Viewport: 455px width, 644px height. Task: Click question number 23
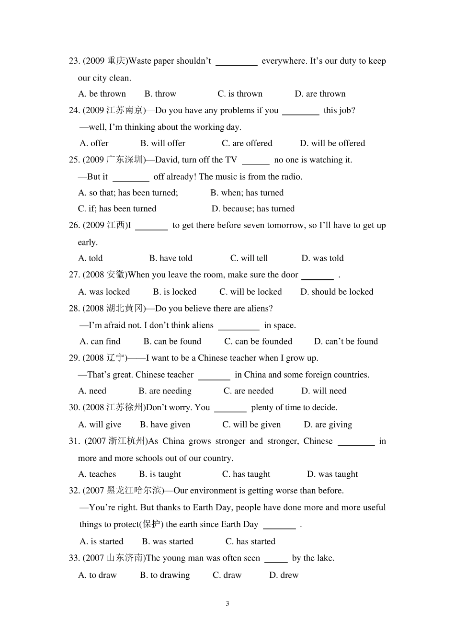click(74, 61)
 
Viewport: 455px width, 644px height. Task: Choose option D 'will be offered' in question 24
click(332, 143)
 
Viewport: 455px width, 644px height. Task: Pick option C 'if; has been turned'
click(117, 209)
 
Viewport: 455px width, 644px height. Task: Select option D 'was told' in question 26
click(322, 258)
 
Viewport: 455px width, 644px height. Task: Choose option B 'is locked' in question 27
click(175, 292)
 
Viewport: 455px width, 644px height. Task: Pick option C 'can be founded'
click(258, 342)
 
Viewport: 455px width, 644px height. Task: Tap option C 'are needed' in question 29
click(249, 391)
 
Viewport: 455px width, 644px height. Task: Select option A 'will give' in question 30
click(100, 425)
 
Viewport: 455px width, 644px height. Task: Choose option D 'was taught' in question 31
click(332, 474)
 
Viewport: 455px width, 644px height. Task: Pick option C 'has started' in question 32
click(250, 541)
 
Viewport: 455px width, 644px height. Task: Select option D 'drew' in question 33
click(284, 575)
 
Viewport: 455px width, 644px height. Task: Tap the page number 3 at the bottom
click(227, 604)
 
